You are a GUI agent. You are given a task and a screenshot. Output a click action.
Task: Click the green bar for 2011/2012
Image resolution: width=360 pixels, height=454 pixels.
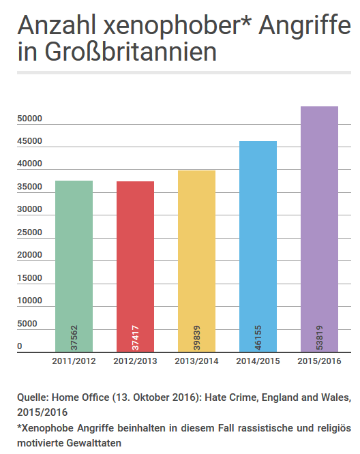[x=74, y=266]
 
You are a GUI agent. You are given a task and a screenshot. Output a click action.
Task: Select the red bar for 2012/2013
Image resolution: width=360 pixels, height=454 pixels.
[x=135, y=266]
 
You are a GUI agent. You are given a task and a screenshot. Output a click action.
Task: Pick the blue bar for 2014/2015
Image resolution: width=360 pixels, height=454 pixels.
[x=258, y=245]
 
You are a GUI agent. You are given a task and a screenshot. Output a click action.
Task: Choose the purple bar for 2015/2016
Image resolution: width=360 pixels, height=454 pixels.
[x=319, y=228]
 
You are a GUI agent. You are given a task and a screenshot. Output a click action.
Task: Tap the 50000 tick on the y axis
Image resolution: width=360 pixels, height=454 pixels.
[x=30, y=119]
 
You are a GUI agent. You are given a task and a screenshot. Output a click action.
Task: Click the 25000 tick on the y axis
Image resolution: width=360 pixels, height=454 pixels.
[x=30, y=232]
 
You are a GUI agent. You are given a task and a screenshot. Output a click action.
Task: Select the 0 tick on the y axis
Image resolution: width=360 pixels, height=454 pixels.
[x=20, y=346]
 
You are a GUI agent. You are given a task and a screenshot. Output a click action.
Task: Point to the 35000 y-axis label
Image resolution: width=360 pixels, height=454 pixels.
[x=30, y=187]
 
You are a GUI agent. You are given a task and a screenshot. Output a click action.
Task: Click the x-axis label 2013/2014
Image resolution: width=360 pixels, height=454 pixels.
[x=196, y=361]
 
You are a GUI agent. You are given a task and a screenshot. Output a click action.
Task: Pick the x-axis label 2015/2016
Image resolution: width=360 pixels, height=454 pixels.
[x=319, y=361]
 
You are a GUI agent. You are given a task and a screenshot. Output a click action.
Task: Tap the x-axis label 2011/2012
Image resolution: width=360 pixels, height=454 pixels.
[x=74, y=361]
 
